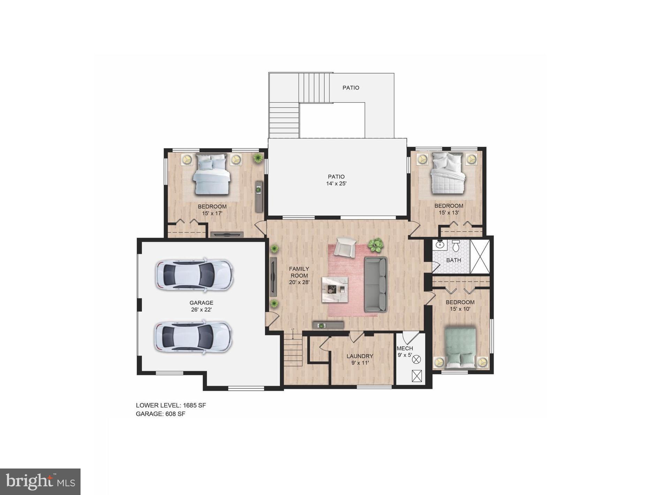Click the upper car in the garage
tap(194, 275)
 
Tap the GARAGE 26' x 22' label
tap(201, 306)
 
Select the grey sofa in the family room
tap(375, 284)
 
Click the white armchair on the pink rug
tap(345, 247)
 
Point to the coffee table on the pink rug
tap(335, 289)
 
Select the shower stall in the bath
tap(480, 256)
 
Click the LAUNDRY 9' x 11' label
tap(360, 359)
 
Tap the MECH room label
tap(405, 349)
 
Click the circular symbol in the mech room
tap(417, 359)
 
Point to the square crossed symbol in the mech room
tap(417, 376)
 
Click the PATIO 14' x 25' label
tap(336, 180)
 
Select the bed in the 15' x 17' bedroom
tap(212, 174)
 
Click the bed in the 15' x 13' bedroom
tap(448, 173)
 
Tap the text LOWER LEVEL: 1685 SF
tap(171, 405)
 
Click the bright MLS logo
tap(40, 482)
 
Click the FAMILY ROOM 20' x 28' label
tap(299, 275)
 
